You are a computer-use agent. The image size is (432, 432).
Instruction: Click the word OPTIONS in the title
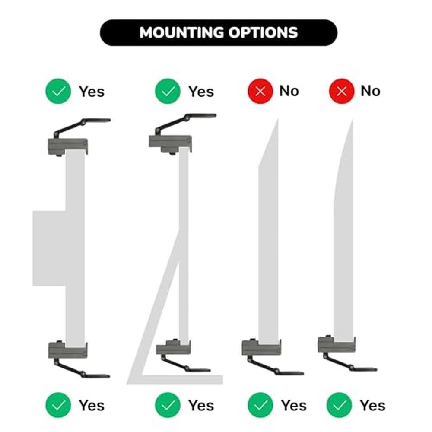pyautogui.click(x=264, y=32)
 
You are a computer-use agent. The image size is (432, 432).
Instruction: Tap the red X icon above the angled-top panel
pyautogui.click(x=260, y=91)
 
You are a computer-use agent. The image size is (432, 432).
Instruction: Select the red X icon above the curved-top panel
pyautogui.click(x=342, y=91)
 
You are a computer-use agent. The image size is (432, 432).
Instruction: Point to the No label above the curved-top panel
pyautogui.click(x=371, y=91)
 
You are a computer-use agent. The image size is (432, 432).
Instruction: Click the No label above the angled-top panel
pyautogui.click(x=289, y=91)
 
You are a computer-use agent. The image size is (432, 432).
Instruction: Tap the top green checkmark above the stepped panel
pyautogui.click(x=58, y=91)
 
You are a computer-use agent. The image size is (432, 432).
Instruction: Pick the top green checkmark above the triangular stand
pyautogui.click(x=168, y=91)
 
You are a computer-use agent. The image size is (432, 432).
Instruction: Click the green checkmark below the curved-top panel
pyautogui.click(x=339, y=405)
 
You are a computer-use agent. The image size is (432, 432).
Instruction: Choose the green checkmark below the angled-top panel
pyautogui.click(x=260, y=405)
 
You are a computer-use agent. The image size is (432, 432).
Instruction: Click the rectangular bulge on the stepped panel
pyautogui.click(x=49, y=248)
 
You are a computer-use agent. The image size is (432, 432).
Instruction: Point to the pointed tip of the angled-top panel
pyautogui.click(x=277, y=118)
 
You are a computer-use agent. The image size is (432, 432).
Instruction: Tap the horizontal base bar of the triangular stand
pyautogui.click(x=175, y=380)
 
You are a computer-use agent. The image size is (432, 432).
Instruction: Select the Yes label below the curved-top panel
pyautogui.click(x=372, y=405)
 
